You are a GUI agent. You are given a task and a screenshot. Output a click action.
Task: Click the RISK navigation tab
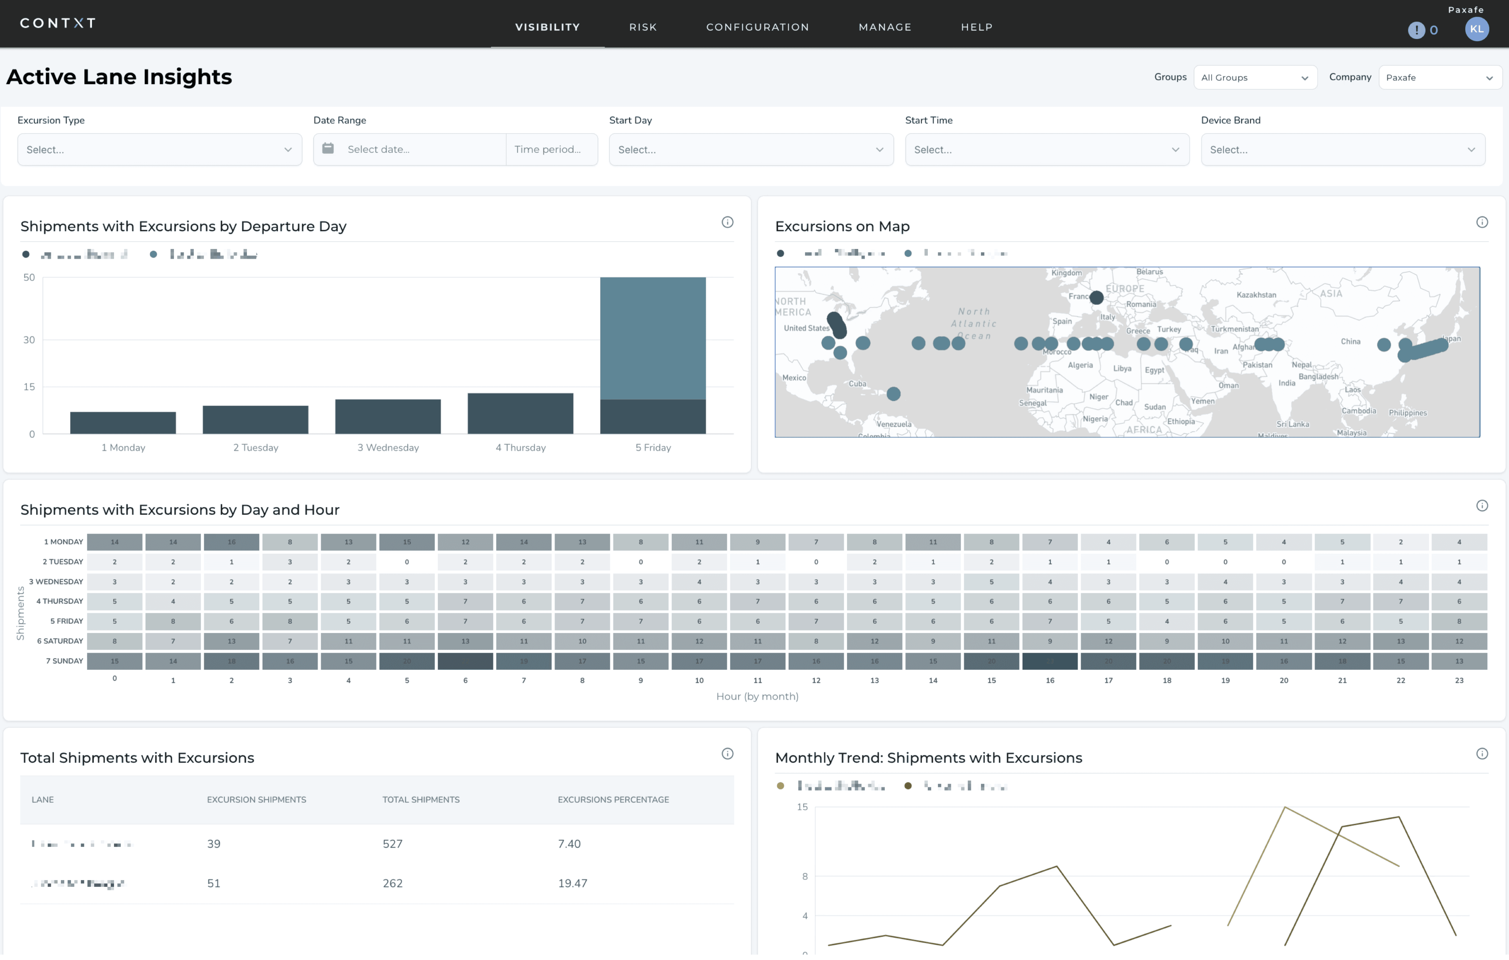643,27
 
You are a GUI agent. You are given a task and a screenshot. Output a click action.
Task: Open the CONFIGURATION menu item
757,27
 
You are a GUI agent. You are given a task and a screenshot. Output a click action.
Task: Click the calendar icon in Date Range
328,149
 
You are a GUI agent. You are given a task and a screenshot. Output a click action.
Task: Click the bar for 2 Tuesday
255,420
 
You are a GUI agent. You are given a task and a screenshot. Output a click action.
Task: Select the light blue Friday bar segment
652,338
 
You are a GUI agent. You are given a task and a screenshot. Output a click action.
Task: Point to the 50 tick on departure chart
29,278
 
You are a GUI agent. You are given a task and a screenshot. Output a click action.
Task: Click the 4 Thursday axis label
520,447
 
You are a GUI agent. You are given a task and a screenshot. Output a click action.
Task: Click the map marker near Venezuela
893,394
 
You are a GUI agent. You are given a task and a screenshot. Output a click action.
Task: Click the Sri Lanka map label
1292,424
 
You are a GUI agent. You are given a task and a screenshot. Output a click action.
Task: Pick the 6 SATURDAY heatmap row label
59,641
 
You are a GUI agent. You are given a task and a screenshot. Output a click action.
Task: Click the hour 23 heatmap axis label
1459,681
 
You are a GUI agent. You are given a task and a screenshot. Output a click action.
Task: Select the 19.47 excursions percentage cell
572,883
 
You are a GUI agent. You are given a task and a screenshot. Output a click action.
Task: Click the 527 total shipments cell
392,844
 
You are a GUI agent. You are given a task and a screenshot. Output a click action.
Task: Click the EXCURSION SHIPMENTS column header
256,800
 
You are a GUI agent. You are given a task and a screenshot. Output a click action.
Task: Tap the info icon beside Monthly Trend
1481,754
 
